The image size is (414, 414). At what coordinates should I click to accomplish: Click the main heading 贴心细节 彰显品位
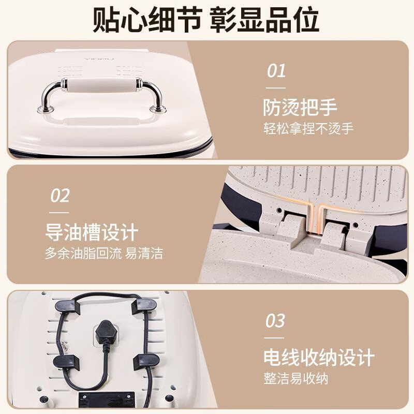coord(206,20)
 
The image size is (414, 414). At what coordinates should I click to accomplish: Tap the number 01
coord(276,71)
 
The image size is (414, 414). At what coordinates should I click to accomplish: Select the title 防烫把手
coord(300,108)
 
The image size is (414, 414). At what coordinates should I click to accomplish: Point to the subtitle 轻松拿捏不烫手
coord(308,129)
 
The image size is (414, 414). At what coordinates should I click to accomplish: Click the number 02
coord(60,196)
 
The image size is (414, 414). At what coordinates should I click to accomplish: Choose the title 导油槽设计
coord(92,232)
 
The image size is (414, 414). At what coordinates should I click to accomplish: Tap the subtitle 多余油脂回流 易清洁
coord(104,253)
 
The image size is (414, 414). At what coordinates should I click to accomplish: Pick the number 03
coord(275,320)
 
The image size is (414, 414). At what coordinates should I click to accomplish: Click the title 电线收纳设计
coord(319,357)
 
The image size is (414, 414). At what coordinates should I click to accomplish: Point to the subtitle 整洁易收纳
coord(295,378)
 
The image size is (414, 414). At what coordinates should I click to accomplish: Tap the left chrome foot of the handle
coord(46,109)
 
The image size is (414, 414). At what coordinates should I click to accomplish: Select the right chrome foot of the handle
coord(158,109)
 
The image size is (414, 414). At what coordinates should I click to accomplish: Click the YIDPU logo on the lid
coord(99,59)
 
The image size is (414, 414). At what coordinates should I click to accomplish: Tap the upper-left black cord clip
coord(68,307)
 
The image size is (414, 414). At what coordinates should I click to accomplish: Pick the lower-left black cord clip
coord(66,362)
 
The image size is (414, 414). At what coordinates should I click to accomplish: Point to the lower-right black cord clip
coord(146,361)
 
